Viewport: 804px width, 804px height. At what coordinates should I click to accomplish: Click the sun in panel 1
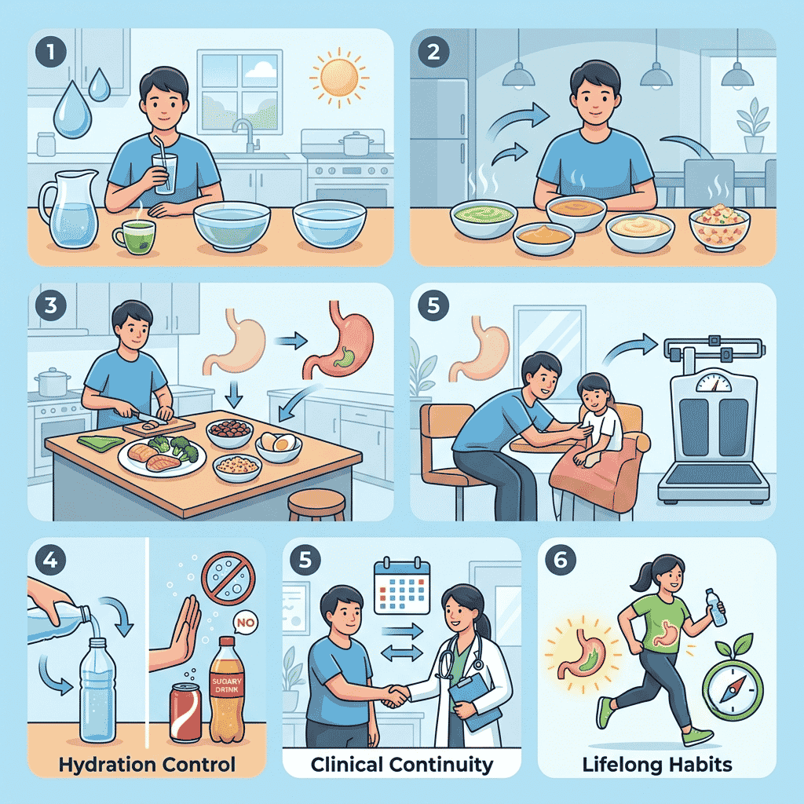[x=339, y=78]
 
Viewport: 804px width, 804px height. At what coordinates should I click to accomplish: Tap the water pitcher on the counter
[x=70, y=209]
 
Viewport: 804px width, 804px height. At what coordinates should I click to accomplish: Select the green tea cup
[x=133, y=237]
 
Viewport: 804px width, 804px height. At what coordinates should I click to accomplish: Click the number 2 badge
[x=433, y=52]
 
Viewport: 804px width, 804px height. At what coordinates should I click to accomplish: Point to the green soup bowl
[x=484, y=219]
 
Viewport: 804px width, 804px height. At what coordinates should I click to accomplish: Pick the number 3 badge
[x=51, y=305]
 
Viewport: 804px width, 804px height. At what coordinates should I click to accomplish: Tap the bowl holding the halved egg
[x=278, y=447]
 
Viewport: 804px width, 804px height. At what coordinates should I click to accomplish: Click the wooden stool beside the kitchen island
[x=316, y=504]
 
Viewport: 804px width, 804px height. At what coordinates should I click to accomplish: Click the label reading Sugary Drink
[x=227, y=685]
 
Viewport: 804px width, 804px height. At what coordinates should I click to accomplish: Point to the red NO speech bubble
[x=246, y=623]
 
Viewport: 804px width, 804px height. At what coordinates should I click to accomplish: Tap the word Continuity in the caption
[x=441, y=765]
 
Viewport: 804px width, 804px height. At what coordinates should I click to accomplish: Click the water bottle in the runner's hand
[x=715, y=607]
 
